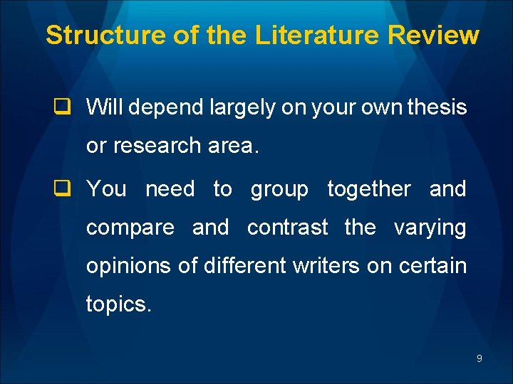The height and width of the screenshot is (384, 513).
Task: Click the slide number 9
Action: click(x=479, y=358)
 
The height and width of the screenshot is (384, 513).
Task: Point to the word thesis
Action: click(x=437, y=107)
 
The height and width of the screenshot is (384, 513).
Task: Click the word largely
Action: click(x=242, y=108)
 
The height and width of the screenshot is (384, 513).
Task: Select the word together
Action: click(x=368, y=189)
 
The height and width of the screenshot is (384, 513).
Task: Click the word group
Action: click(x=279, y=190)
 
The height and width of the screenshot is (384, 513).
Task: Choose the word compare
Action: click(x=130, y=228)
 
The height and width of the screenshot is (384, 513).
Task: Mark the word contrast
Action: click(x=287, y=228)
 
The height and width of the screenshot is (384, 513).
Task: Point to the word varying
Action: click(x=430, y=228)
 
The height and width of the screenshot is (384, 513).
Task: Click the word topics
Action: click(x=118, y=305)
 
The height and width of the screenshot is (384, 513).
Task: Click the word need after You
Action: click(x=170, y=189)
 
